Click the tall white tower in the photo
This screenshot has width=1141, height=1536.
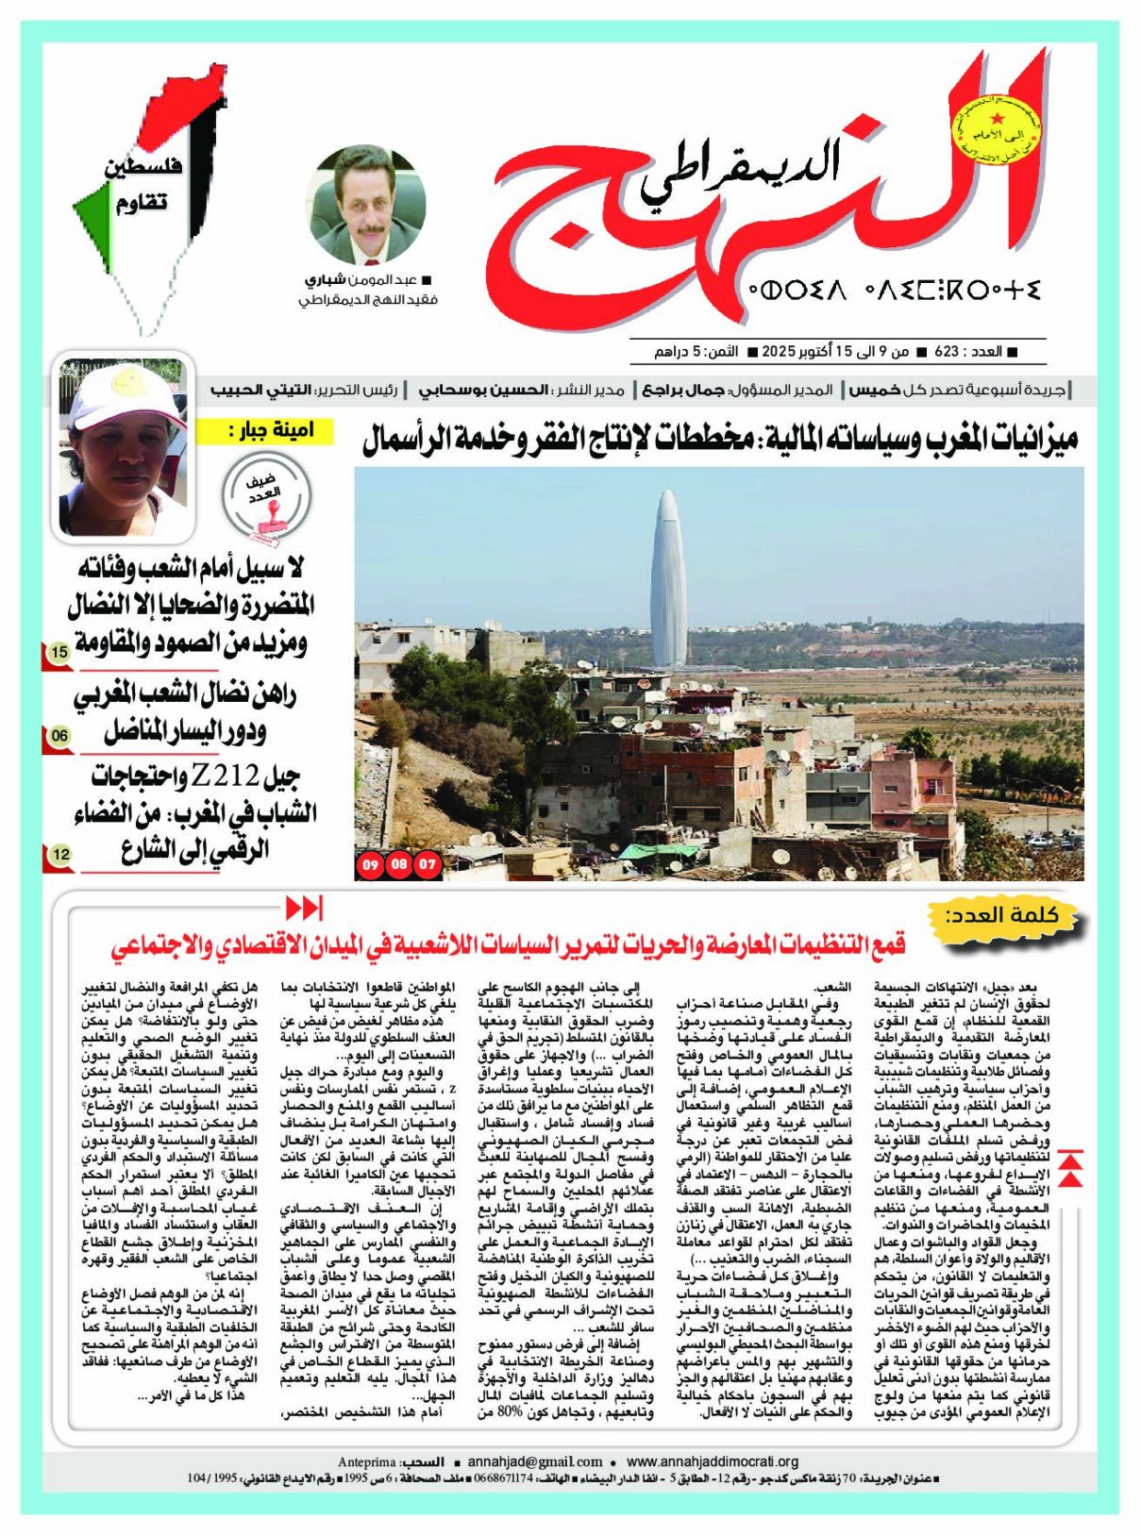coord(668,580)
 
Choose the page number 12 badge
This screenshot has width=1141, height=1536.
coord(60,855)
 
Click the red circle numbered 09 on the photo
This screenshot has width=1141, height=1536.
coord(370,863)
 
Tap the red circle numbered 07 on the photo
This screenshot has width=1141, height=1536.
coord(428,863)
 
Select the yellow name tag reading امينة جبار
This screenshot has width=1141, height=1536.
coord(267,431)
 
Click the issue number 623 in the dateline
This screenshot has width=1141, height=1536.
coord(947,352)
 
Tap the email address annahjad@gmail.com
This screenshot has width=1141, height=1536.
coord(535,1461)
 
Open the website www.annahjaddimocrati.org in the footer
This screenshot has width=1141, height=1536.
coord(713,1461)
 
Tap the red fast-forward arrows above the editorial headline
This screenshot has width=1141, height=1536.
coord(304,908)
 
